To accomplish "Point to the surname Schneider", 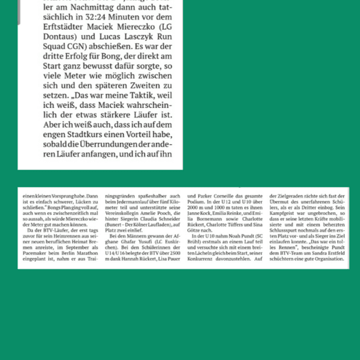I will [164, 218].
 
